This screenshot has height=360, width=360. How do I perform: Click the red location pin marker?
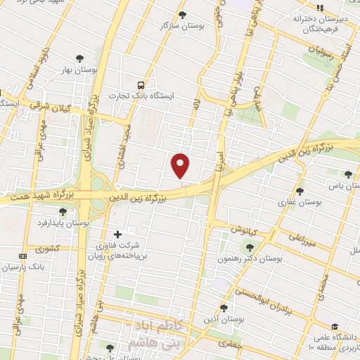pyautogui.click(x=181, y=165)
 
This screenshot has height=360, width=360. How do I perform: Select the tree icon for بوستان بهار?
pyautogui.click(x=78, y=59)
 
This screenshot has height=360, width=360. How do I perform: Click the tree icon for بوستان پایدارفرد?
pyautogui.click(x=63, y=211)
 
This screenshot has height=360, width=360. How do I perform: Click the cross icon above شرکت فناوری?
pyautogui.click(x=117, y=233)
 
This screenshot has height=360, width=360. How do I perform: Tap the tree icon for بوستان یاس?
pyautogui.click(x=348, y=174)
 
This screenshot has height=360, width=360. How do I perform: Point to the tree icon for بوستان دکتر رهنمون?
pyautogui.click(x=250, y=247)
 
